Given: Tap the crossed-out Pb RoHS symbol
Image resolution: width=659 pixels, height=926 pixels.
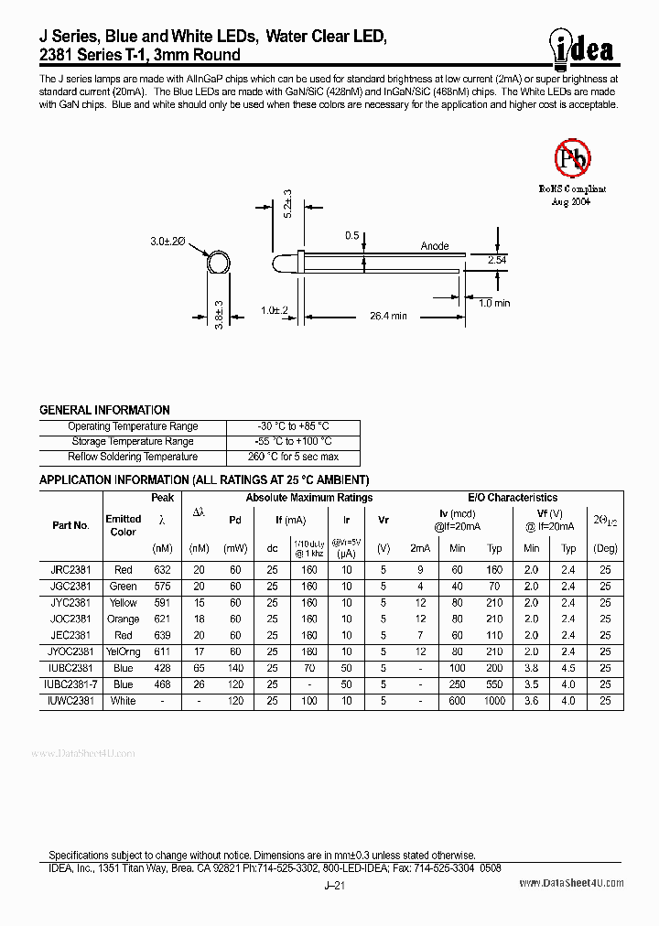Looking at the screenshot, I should tap(573, 157).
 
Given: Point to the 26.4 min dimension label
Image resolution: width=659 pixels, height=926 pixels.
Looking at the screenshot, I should tap(387, 316).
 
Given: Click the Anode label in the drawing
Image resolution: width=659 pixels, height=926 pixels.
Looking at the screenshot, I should tap(435, 246).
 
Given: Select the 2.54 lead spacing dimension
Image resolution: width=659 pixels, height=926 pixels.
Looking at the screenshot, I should tap(496, 261).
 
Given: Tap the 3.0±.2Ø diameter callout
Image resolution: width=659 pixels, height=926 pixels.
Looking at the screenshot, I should tap(167, 241).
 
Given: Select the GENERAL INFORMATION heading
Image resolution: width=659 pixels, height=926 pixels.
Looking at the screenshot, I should tap(104, 410).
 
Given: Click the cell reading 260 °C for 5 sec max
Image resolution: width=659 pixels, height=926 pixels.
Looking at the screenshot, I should tap(293, 457).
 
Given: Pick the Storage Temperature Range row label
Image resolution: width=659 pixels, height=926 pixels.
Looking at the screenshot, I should tap(133, 442).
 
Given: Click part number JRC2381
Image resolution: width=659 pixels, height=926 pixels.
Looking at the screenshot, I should tap(70, 570).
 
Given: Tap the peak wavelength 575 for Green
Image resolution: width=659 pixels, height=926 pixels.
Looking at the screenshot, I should tap(163, 587).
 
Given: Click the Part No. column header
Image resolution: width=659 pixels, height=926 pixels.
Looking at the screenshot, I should tap(70, 525).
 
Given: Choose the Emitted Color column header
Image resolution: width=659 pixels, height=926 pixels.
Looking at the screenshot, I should tap(123, 525).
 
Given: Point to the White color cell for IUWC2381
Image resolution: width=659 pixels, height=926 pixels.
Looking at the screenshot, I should tap(123, 701).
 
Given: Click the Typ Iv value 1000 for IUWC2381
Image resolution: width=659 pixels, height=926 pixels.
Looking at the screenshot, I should tap(494, 701).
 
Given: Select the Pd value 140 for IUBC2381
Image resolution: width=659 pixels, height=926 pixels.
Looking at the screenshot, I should tap(235, 668).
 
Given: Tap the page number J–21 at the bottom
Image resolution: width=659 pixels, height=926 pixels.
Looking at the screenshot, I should tap(334, 886).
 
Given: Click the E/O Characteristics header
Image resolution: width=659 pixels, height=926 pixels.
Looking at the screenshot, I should tap(513, 498).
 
